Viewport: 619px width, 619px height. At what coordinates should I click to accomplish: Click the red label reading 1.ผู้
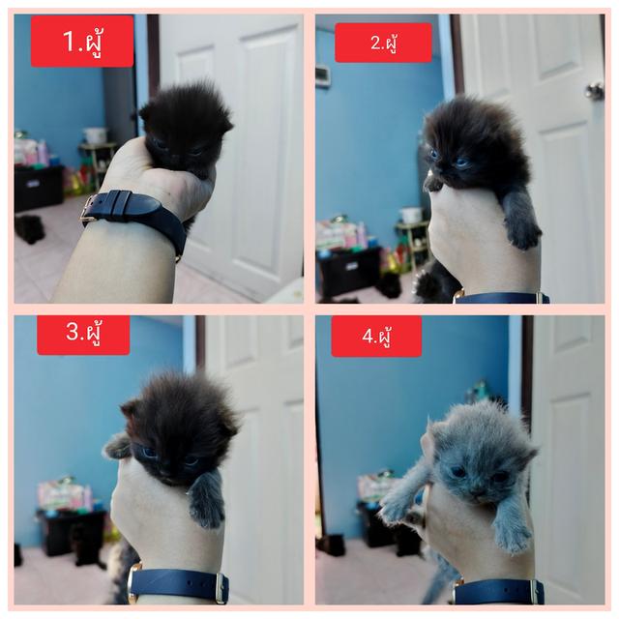tap(82, 42)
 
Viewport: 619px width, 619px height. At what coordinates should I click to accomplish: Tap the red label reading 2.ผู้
tap(383, 43)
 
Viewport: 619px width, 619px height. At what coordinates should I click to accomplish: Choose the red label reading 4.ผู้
tap(376, 337)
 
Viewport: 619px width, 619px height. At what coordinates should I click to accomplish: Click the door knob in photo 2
tap(595, 92)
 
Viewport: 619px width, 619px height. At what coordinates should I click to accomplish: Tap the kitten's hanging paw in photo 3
tap(206, 501)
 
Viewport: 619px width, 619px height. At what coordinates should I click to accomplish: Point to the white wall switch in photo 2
tap(322, 75)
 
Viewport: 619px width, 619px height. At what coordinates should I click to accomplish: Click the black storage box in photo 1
tap(39, 189)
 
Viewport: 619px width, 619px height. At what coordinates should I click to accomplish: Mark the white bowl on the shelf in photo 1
tap(95, 135)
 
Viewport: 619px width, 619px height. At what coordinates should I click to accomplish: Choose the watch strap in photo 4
tap(499, 591)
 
